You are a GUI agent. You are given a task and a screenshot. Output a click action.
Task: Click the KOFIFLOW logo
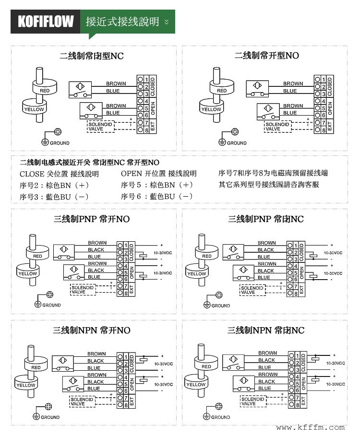(x=46, y=22)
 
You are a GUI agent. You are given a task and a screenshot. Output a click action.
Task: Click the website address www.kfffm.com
(x=311, y=427)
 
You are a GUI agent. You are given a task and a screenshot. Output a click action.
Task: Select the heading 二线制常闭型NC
(x=91, y=56)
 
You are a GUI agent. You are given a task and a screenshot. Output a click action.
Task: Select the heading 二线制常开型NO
(x=266, y=56)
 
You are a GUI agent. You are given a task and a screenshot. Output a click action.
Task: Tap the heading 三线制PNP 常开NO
(x=91, y=220)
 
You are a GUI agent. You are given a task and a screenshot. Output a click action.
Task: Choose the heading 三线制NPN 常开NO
(x=91, y=330)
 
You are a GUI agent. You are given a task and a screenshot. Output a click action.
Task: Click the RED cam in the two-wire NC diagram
(x=45, y=90)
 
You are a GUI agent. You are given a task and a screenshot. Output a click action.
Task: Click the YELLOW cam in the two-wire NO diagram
(x=211, y=108)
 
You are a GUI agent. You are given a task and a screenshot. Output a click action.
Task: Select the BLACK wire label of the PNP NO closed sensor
(x=96, y=250)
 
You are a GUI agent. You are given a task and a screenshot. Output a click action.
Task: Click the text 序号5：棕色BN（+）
(x=157, y=185)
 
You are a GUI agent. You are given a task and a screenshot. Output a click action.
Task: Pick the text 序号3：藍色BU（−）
(x=54, y=197)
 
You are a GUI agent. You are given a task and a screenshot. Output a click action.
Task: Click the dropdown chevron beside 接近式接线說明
(x=167, y=22)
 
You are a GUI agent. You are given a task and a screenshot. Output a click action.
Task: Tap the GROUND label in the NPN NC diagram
(x=221, y=417)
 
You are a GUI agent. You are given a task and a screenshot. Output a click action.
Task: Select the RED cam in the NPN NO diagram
(x=36, y=367)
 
